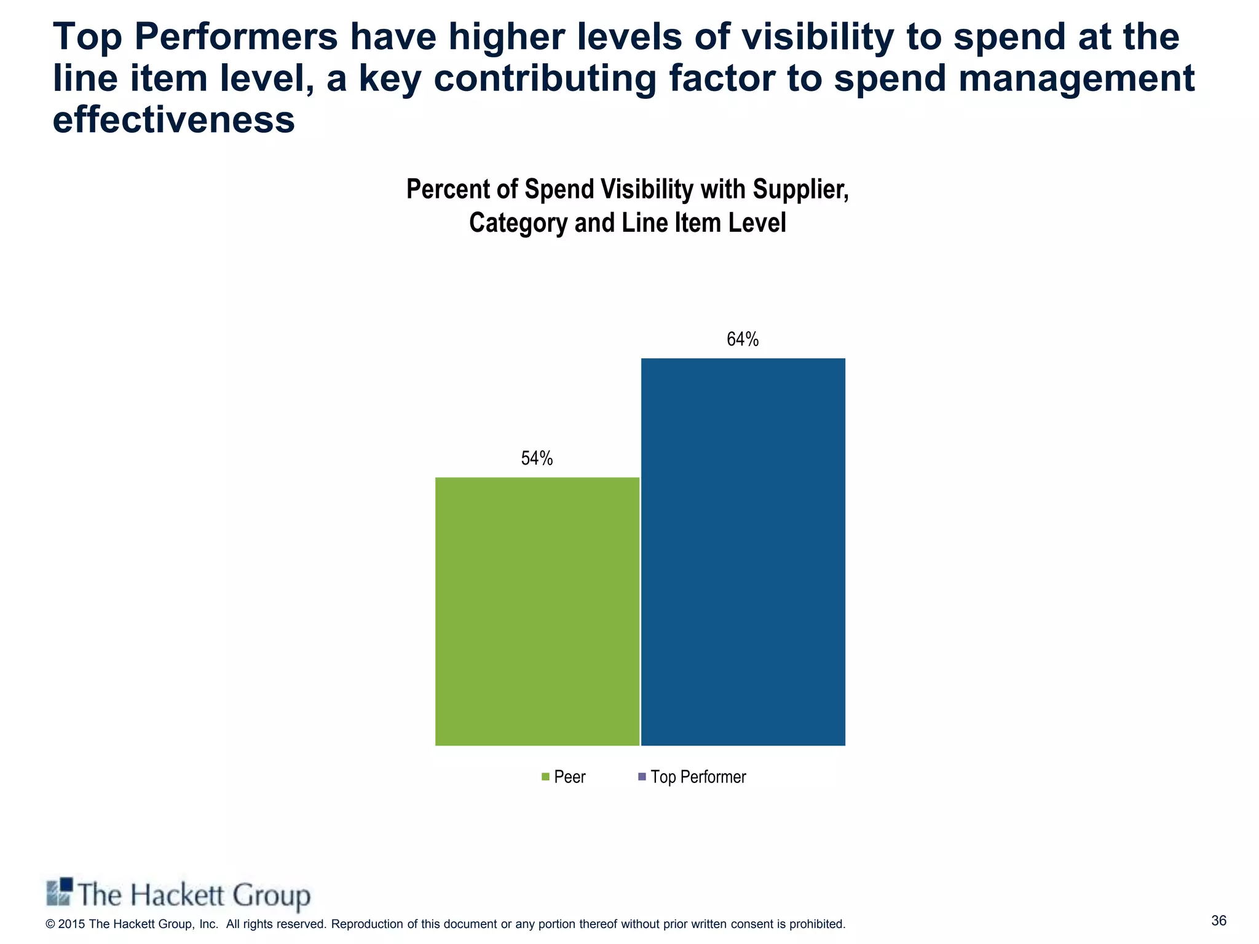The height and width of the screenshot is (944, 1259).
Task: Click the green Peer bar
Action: tap(537, 611)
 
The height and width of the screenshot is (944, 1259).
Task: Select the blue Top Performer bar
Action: tap(743, 551)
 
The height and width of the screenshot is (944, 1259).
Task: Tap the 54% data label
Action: tap(537, 458)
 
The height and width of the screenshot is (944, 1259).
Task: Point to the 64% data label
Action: tap(743, 339)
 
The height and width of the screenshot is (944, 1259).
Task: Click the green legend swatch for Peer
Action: tap(545, 777)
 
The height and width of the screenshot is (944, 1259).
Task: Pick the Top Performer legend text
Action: tap(698, 777)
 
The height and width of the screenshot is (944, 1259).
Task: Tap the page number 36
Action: tap(1218, 920)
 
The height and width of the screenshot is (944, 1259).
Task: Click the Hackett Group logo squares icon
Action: tap(60, 892)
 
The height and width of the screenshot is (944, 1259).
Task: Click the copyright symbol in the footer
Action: tap(50, 924)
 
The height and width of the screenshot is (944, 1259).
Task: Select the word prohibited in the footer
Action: tap(816, 924)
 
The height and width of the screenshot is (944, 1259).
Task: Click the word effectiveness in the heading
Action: tap(174, 119)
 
